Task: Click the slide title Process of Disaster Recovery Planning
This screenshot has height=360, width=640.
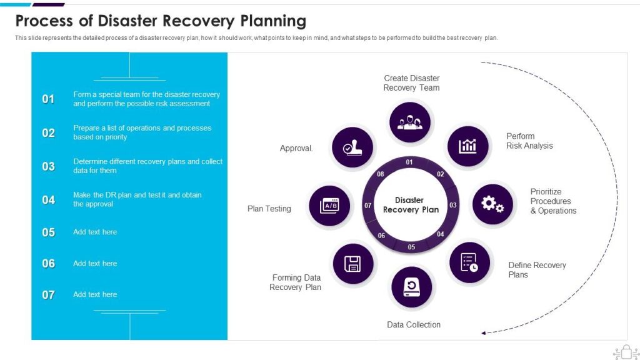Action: pos(161,21)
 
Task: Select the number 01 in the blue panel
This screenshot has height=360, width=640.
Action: pos(48,99)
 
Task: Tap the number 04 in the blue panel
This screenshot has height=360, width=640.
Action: pos(48,200)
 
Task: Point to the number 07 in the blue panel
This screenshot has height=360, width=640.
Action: pos(48,295)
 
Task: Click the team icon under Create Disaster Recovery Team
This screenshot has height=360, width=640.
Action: pos(410,122)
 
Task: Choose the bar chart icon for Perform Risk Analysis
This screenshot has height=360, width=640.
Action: pos(467,146)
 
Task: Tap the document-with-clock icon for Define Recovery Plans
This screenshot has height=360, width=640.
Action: pos(469,262)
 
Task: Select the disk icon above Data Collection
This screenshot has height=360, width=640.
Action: pos(411,287)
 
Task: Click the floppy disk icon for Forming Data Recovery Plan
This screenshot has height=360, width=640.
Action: pos(353,263)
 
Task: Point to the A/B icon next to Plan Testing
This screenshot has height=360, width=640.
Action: pos(329,206)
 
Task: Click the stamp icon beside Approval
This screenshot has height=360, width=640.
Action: pos(352,147)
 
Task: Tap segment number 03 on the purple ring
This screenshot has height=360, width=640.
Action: pos(453,205)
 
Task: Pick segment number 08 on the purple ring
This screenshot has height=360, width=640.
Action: pos(381,174)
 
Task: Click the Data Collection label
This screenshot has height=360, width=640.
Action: pos(413,325)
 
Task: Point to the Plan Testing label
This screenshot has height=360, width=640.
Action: pos(269,209)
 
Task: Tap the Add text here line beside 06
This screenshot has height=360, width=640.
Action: pos(95,264)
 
